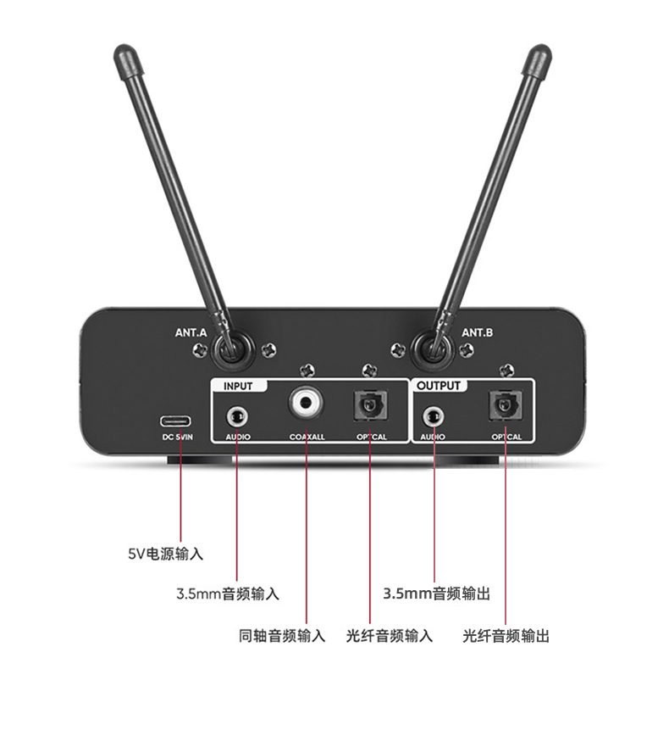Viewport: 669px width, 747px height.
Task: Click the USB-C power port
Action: click(x=176, y=421)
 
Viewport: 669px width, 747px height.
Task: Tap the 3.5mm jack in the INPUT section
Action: click(x=237, y=418)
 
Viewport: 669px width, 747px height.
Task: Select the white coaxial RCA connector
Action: click(x=306, y=403)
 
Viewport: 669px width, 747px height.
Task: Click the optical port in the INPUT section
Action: click(x=371, y=405)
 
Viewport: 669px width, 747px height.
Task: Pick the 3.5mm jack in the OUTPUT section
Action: click(x=434, y=417)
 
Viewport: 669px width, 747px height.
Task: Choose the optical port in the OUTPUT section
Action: click(x=506, y=405)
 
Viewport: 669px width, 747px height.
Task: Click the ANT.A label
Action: click(x=191, y=332)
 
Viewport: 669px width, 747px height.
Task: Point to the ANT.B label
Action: click(x=478, y=332)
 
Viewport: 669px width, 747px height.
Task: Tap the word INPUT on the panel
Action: click(x=238, y=386)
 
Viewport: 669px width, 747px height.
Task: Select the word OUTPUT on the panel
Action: click(x=439, y=386)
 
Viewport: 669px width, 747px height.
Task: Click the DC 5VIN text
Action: click(x=178, y=437)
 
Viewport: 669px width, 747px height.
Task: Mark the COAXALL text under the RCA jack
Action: click(x=307, y=437)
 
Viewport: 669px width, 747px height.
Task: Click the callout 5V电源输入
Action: click(x=166, y=554)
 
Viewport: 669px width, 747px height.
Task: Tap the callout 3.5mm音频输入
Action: click(x=228, y=594)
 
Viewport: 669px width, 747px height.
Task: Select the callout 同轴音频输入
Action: click(x=282, y=636)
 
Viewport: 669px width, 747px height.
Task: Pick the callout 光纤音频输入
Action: click(x=390, y=636)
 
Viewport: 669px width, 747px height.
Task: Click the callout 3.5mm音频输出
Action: click(x=436, y=594)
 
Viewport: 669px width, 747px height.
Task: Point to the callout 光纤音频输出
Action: click(x=506, y=636)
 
